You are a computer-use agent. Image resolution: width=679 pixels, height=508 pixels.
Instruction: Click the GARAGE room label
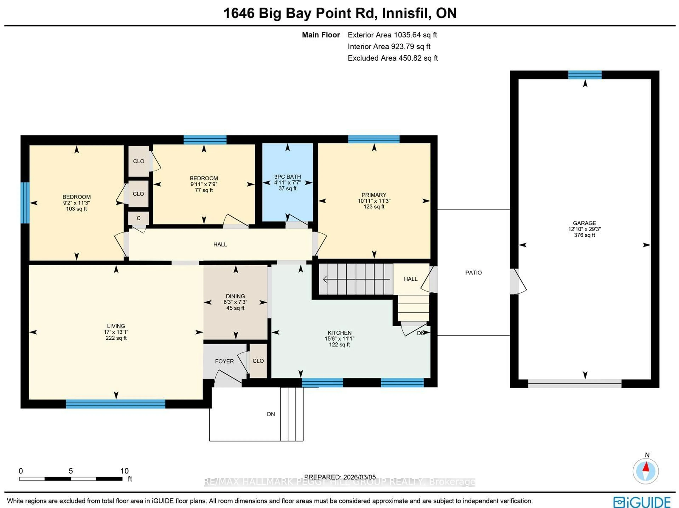(584, 223)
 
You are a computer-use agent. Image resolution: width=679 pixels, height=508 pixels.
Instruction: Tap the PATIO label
(473, 272)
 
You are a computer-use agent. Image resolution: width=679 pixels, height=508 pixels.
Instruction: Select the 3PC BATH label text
(287, 177)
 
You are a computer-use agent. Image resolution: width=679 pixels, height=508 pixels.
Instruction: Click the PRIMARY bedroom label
(374, 195)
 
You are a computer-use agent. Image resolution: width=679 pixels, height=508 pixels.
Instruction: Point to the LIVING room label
(116, 326)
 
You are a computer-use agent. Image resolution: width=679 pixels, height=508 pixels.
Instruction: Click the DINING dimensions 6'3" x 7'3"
(235, 302)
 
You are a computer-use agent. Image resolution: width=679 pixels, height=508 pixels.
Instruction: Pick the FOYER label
(224, 361)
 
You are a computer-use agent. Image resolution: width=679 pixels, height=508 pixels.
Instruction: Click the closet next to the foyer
(258, 361)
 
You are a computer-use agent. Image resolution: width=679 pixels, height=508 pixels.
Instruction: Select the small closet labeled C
(138, 218)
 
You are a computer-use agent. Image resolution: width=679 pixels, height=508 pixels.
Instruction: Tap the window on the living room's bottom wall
(115, 404)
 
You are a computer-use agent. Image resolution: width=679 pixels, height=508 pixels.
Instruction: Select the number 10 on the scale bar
(124, 471)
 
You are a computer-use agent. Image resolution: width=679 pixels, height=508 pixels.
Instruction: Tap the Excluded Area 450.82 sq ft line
(392, 58)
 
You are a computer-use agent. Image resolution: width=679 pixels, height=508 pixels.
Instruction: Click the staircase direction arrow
(356, 279)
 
